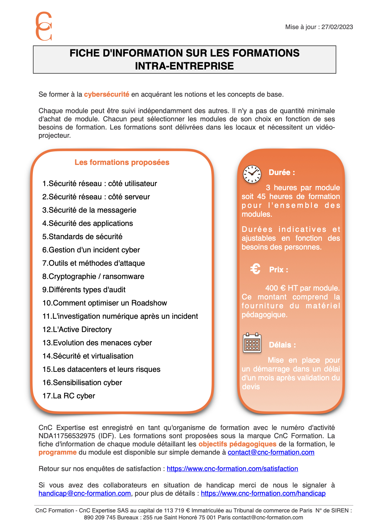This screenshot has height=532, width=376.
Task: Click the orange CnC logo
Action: pyautogui.click(x=44, y=26)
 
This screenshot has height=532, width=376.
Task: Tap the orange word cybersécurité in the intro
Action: pyautogui.click(x=106, y=94)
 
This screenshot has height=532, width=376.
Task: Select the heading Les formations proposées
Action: pyautogui.click(x=122, y=162)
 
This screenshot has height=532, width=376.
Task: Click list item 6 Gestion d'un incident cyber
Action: pyautogui.click(x=91, y=250)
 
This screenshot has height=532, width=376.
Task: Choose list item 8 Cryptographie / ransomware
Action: pyautogui.click(x=93, y=276)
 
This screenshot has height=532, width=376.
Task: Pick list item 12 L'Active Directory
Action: pyautogui.click(x=77, y=329)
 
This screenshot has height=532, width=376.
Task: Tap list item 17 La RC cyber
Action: pyautogui.click(x=69, y=396)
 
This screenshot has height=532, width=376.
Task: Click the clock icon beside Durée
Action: pyautogui.click(x=252, y=174)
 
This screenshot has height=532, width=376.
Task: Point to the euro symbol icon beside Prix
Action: pyautogui.click(x=255, y=269)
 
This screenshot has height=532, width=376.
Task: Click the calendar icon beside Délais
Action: pyautogui.click(x=252, y=343)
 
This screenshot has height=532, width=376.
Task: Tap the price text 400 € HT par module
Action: pyautogui.click(x=302, y=288)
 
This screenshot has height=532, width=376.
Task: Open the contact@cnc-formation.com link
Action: pyautogui.click(x=271, y=452)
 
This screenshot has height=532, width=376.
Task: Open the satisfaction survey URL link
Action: pyautogui.click(x=232, y=469)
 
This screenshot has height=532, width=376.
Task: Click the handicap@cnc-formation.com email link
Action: pyautogui.click(x=85, y=493)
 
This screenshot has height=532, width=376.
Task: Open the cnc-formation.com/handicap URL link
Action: pyautogui.click(x=263, y=493)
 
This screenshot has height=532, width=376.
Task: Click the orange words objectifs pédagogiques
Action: pyautogui.click(x=237, y=444)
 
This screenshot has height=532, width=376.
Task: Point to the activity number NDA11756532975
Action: pyautogui.click(x=67, y=436)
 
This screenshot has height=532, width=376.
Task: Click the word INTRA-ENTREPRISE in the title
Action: pyautogui.click(x=185, y=66)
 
